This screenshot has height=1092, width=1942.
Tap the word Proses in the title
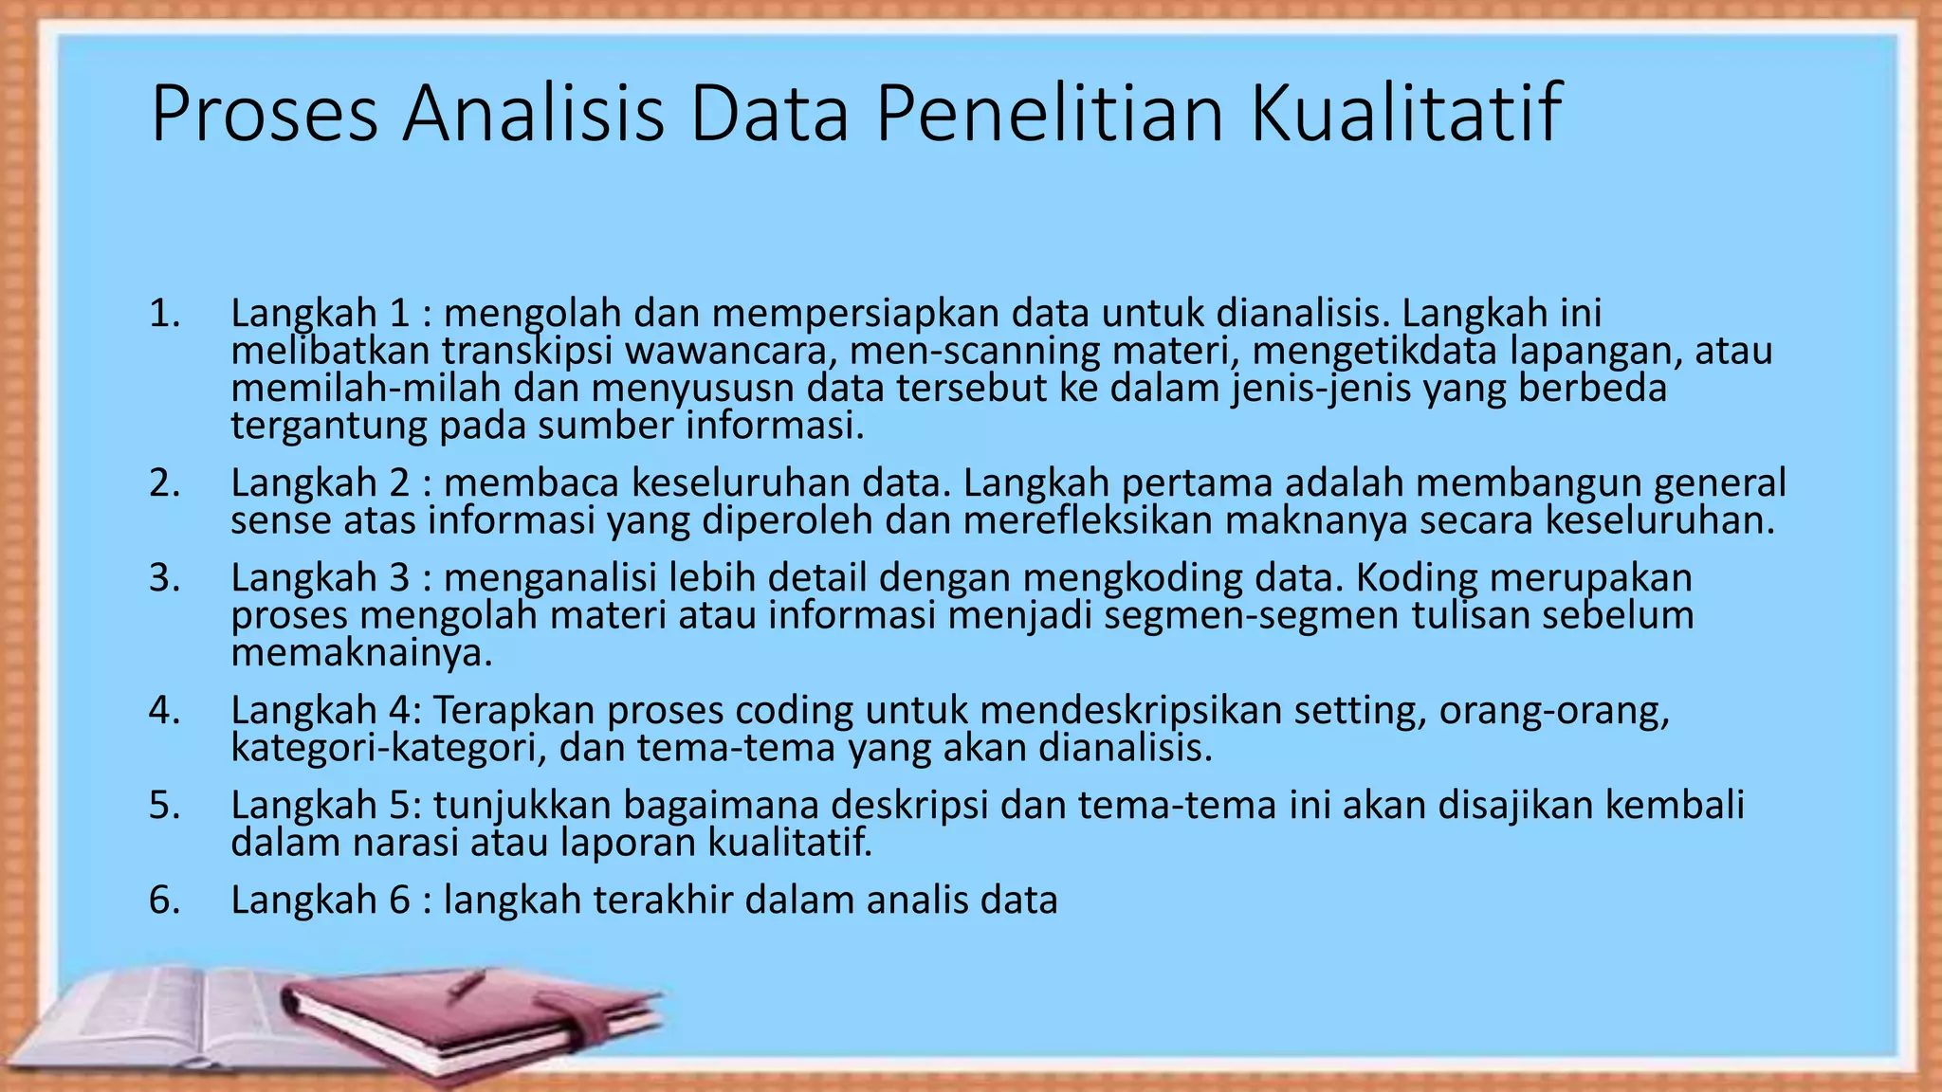click(265, 114)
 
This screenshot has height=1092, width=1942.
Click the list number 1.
click(164, 314)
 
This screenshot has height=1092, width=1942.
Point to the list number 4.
click(164, 711)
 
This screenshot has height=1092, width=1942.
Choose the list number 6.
click(164, 901)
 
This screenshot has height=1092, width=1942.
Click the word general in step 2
click(1719, 483)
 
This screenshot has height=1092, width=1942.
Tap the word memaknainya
click(361, 654)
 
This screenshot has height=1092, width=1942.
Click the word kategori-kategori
click(388, 749)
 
